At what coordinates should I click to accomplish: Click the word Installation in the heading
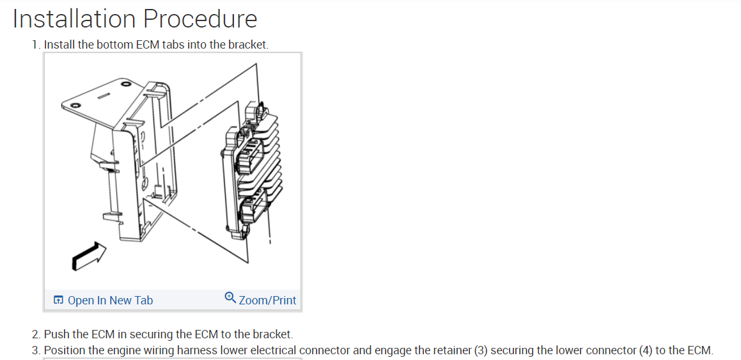[74, 19]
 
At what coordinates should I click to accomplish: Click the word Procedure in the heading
[200, 19]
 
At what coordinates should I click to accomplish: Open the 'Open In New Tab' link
[110, 300]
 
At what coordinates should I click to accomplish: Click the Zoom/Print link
[267, 300]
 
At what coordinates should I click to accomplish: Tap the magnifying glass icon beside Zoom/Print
[231, 297]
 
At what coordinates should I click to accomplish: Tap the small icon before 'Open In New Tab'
[58, 300]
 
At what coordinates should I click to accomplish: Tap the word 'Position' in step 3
[64, 350]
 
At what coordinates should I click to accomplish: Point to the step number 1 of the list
[36, 45]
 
